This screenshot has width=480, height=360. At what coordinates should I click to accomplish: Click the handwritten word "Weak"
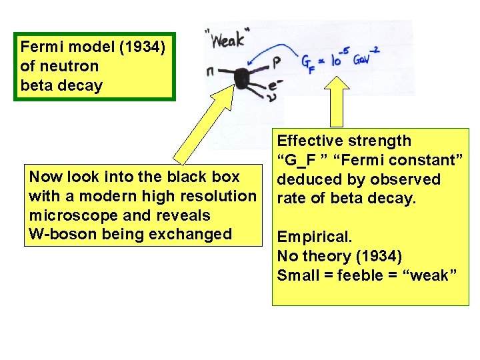coord(227,40)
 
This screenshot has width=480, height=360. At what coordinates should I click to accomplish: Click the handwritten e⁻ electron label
coord(275,85)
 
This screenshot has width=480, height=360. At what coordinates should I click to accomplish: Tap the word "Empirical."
coord(314,237)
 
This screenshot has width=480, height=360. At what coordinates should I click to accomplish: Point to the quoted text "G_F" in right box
coord(299,160)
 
